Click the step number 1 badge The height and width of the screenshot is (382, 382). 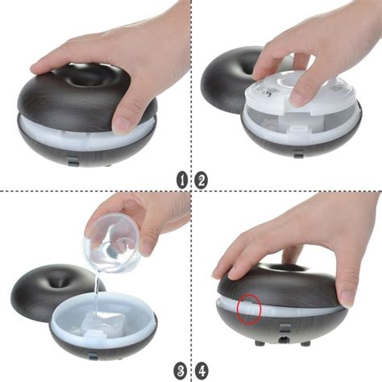182,181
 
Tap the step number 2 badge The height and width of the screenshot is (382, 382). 201,181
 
